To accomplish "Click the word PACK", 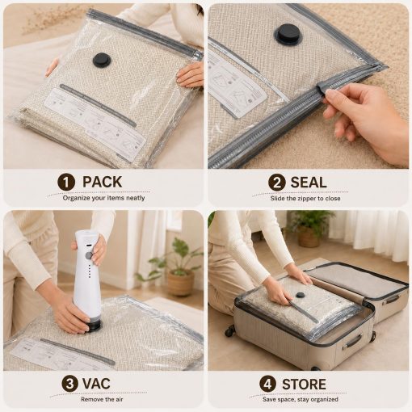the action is click(102, 182).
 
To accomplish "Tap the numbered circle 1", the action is click(66, 183).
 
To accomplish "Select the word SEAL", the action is click(309, 183).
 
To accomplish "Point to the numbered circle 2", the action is click(276, 183).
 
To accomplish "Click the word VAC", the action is click(96, 384).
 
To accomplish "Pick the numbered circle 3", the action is click(69, 384).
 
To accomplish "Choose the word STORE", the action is click(304, 384).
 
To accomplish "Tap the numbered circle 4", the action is click(267, 384).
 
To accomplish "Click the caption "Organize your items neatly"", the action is click(103, 198).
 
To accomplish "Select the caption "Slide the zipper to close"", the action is click(305, 199).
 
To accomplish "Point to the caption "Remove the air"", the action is click(102, 399).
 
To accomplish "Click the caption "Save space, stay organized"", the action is click(301, 399).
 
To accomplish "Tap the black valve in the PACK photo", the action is click(100, 61).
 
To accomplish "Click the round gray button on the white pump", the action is click(89, 255).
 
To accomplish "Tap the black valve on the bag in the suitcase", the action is click(300, 295).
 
